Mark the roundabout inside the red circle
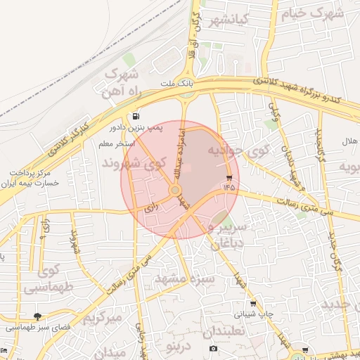[175, 190]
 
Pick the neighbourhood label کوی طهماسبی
[49, 278]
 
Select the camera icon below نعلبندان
[214, 349]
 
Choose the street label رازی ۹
[44, 229]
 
